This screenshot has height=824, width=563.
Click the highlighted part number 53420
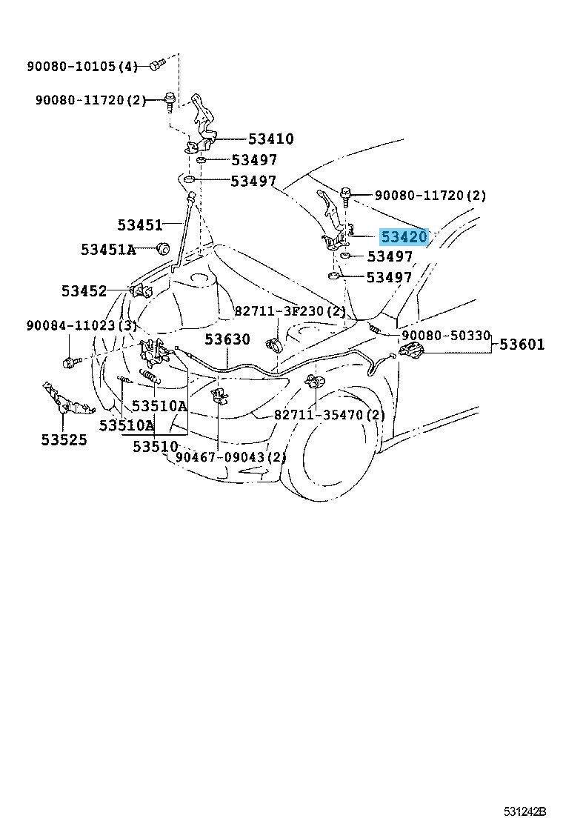click(404, 237)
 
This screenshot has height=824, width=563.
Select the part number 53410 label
click(270, 139)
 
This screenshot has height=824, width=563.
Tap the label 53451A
click(108, 249)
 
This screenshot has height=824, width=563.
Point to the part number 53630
click(227, 339)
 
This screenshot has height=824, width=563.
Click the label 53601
click(522, 345)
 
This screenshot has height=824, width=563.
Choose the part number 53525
click(64, 439)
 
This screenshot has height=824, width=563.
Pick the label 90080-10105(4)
click(82, 66)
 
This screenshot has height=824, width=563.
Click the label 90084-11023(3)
click(82, 326)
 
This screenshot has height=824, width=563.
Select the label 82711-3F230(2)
click(290, 312)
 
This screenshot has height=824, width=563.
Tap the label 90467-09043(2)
click(231, 457)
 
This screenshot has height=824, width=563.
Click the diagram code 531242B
click(524, 812)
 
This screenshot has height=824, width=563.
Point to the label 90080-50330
click(446, 335)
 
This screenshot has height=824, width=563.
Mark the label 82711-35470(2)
click(330, 415)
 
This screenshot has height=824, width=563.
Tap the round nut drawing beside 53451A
click(163, 247)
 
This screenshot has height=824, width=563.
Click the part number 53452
click(84, 290)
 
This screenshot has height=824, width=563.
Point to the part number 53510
click(155, 447)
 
